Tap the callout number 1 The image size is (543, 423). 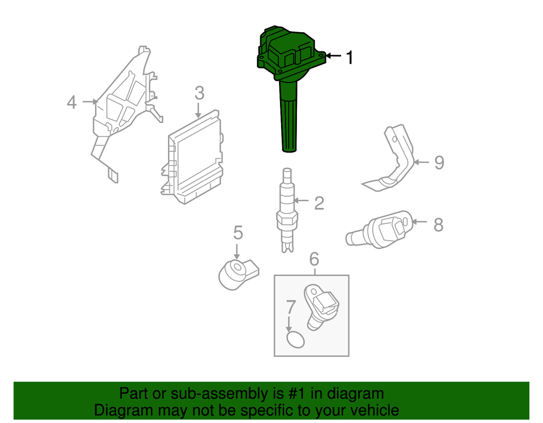[350, 56]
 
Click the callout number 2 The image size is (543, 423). [319, 203]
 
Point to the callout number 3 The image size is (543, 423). [199, 93]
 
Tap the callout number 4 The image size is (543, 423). [72, 102]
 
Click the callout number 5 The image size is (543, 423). [238, 232]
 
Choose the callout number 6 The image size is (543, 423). [314, 259]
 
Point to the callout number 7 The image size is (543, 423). [291, 308]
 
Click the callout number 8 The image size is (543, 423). [438, 224]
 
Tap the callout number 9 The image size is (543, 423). [439, 163]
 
